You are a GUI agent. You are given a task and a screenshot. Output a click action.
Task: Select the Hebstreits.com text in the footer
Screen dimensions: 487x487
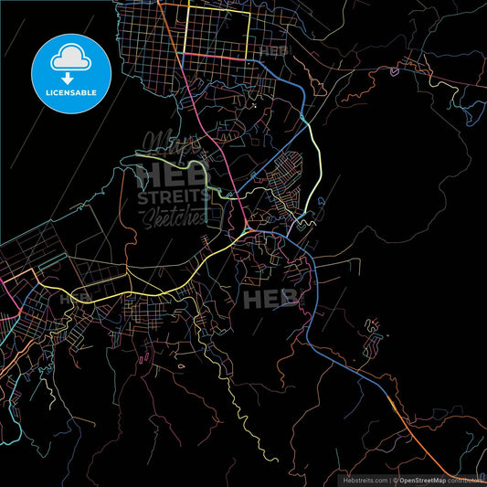(x=365, y=480)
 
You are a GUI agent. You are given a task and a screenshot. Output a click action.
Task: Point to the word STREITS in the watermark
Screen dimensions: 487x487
(x=171, y=196)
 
